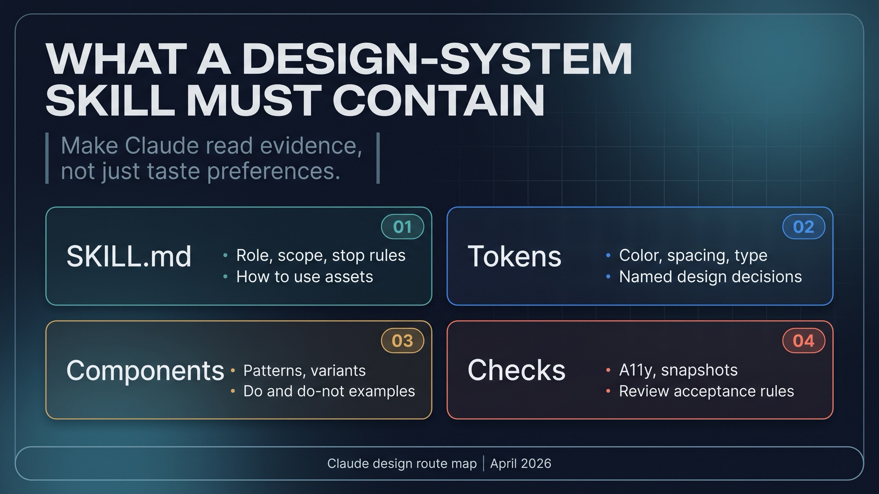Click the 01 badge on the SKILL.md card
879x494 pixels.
(x=403, y=227)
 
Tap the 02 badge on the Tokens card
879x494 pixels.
(x=804, y=227)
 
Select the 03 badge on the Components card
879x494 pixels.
(x=403, y=341)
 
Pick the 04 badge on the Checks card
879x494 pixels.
(x=804, y=341)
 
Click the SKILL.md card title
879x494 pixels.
(x=129, y=256)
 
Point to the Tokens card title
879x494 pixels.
(x=514, y=256)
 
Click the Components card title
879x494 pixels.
(x=145, y=370)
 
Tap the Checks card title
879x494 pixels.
(x=516, y=370)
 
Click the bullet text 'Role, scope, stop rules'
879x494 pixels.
(x=320, y=255)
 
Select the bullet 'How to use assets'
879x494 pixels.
(x=304, y=277)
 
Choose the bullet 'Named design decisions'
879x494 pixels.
(x=710, y=277)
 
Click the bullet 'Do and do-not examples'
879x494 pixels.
(x=329, y=391)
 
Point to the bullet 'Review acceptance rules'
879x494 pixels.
(x=706, y=391)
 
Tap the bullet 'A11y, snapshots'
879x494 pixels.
(x=678, y=370)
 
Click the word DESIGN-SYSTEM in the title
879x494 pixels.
(x=437, y=59)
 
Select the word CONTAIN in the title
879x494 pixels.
(x=438, y=100)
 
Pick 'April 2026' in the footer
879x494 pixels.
(x=520, y=464)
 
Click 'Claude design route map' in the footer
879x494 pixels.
(x=402, y=464)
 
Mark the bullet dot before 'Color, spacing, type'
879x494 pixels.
(x=608, y=255)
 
